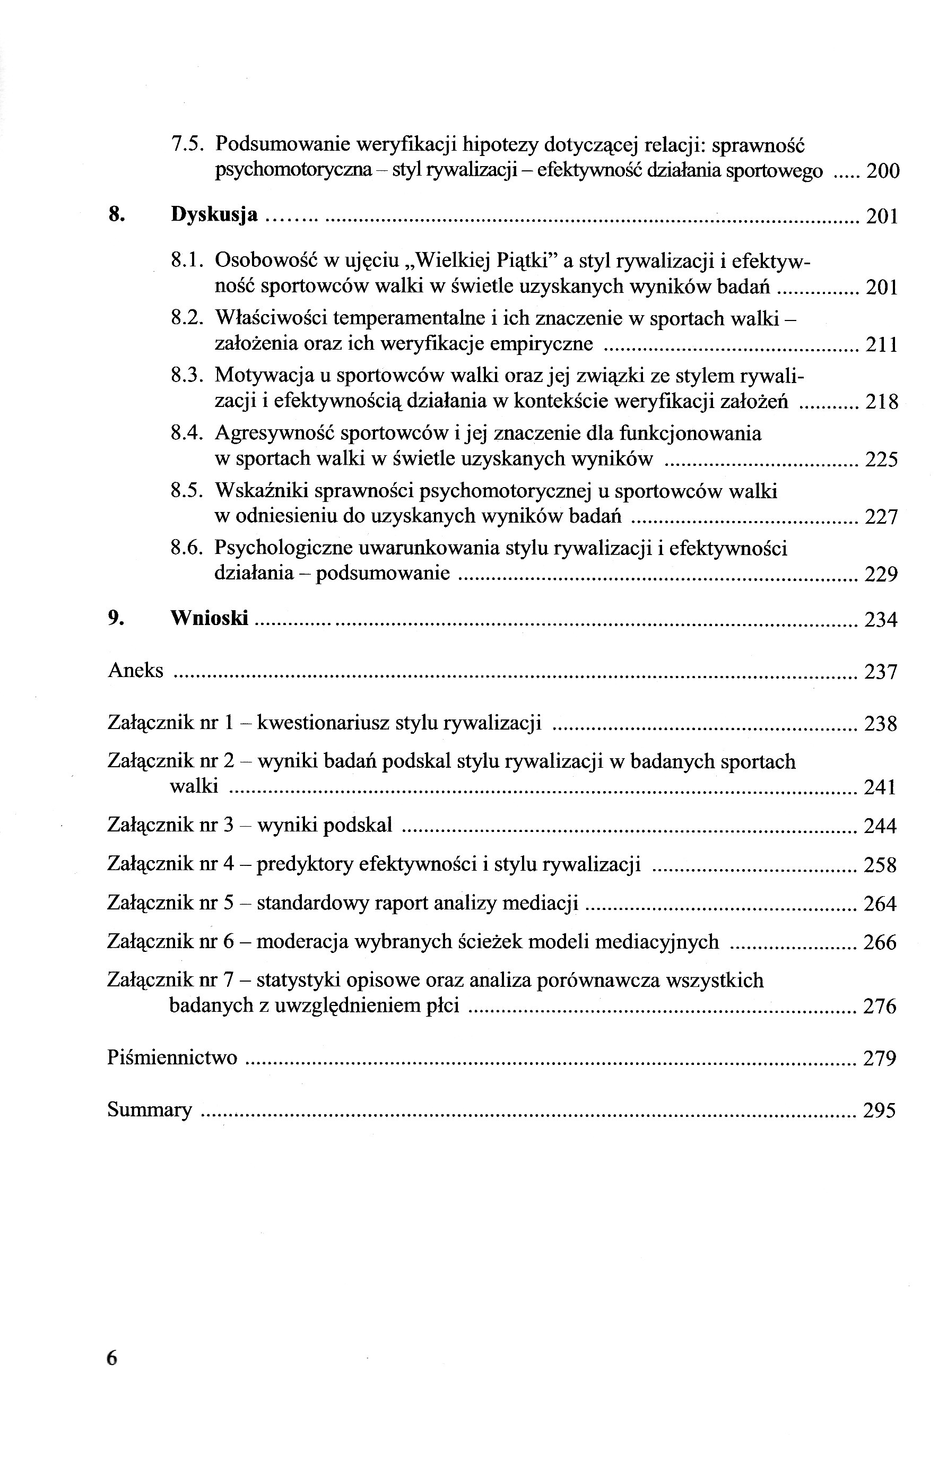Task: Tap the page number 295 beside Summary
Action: tap(879, 1110)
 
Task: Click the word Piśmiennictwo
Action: tap(172, 1057)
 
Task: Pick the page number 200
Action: tap(883, 171)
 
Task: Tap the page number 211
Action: tap(882, 345)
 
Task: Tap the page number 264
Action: tap(880, 904)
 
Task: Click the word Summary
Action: tap(150, 1109)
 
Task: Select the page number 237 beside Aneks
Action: tap(880, 672)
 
